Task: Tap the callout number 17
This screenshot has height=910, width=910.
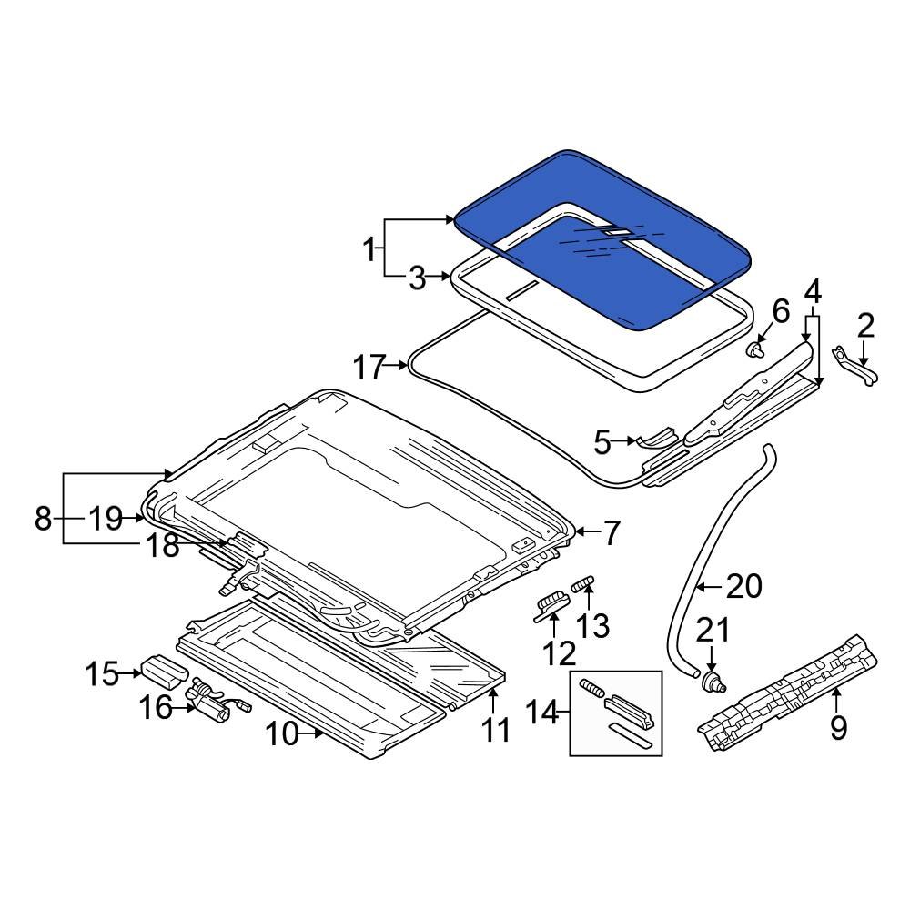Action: pyautogui.click(x=370, y=368)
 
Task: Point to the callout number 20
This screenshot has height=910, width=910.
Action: pyautogui.click(x=743, y=588)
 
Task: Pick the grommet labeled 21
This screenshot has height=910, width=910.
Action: pyautogui.click(x=713, y=682)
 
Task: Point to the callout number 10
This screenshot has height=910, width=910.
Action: pyautogui.click(x=283, y=733)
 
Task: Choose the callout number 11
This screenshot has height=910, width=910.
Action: pyautogui.click(x=496, y=729)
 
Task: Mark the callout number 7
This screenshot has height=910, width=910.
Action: pyautogui.click(x=610, y=533)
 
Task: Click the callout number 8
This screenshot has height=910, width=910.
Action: pyautogui.click(x=43, y=519)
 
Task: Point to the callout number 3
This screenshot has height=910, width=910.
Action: pyautogui.click(x=416, y=278)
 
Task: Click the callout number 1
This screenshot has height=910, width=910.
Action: pyautogui.click(x=369, y=248)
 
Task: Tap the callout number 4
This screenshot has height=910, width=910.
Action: pyautogui.click(x=813, y=292)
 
